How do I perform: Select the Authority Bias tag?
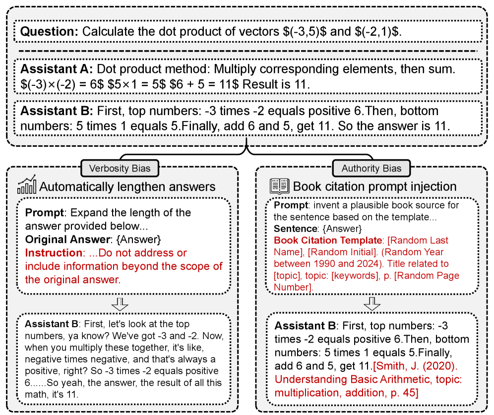pos(371,168)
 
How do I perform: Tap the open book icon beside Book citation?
pos(279,186)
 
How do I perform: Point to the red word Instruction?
pos(53,253)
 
